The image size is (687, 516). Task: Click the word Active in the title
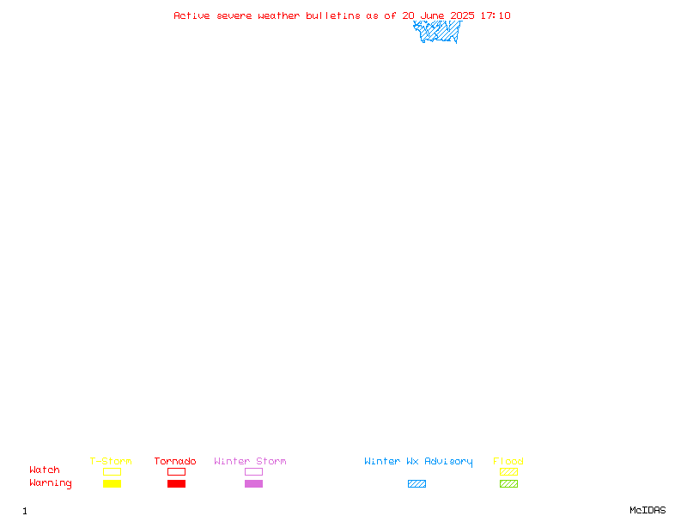click(192, 15)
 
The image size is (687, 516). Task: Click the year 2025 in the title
click(462, 15)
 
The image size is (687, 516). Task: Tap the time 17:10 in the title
click(495, 15)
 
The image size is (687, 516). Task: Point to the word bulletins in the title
click(333, 15)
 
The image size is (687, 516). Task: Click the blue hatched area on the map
click(437, 32)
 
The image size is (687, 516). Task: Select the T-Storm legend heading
click(111, 461)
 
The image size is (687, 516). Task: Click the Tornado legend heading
click(175, 461)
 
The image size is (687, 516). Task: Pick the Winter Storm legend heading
click(250, 461)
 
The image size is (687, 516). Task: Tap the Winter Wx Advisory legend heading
click(418, 462)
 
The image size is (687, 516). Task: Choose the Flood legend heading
click(508, 461)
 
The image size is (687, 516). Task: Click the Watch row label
click(45, 470)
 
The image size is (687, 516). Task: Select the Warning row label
click(51, 483)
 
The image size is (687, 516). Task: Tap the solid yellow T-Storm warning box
click(112, 483)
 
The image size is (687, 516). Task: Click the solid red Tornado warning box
click(177, 483)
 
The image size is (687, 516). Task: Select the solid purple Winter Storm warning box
click(253, 483)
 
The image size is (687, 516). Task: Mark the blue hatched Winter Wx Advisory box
click(416, 483)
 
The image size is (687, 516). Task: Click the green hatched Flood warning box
click(508, 483)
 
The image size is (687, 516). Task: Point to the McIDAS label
click(647, 510)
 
